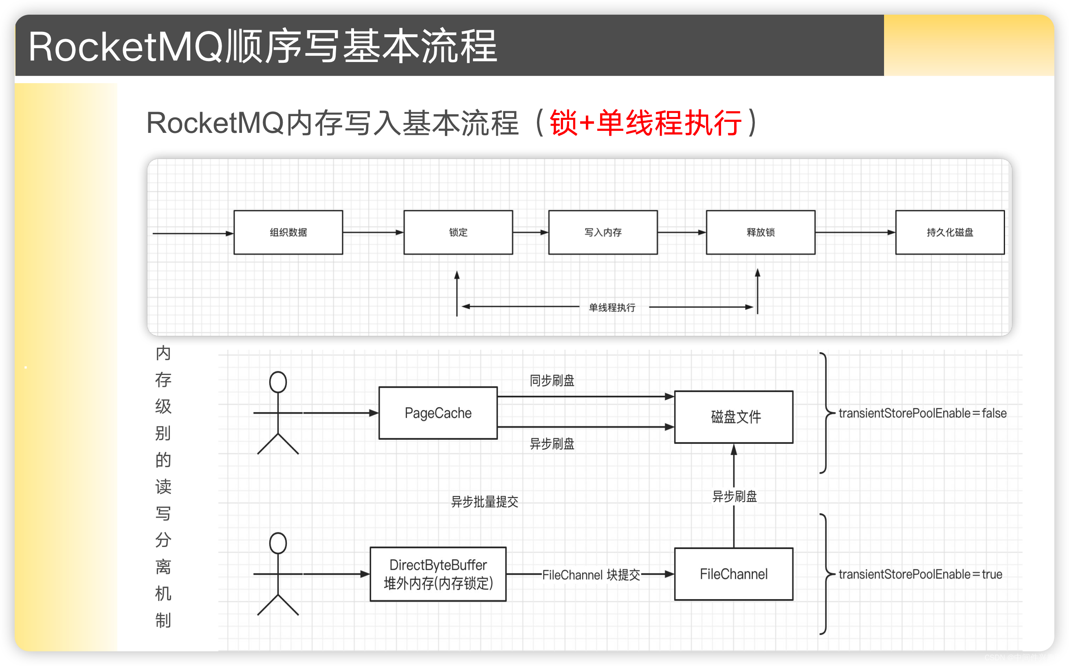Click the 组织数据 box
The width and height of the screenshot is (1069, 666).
click(x=288, y=232)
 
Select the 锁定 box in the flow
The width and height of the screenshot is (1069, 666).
click(x=458, y=232)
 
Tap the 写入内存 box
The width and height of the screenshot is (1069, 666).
click(x=603, y=232)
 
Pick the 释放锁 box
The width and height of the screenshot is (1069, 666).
click(x=760, y=232)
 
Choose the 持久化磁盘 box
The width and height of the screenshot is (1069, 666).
click(x=950, y=232)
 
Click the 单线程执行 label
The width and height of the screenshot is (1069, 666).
click(x=612, y=307)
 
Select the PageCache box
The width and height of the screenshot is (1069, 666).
click(x=438, y=413)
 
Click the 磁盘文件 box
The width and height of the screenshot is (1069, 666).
click(x=733, y=417)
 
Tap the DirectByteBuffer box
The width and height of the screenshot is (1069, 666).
click(x=438, y=574)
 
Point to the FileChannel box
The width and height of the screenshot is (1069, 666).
click(x=733, y=574)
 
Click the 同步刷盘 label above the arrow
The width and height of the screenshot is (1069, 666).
click(x=552, y=380)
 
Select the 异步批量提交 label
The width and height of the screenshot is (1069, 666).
click(x=484, y=502)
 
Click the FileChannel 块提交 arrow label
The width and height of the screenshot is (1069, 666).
click(x=591, y=575)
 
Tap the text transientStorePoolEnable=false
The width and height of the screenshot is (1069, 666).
click(x=922, y=413)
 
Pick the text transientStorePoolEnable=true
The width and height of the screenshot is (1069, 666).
click(x=920, y=574)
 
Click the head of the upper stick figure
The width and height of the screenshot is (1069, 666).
click(x=278, y=382)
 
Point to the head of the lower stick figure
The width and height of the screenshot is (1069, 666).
click(x=278, y=543)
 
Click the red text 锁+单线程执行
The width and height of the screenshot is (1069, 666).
click(x=645, y=123)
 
